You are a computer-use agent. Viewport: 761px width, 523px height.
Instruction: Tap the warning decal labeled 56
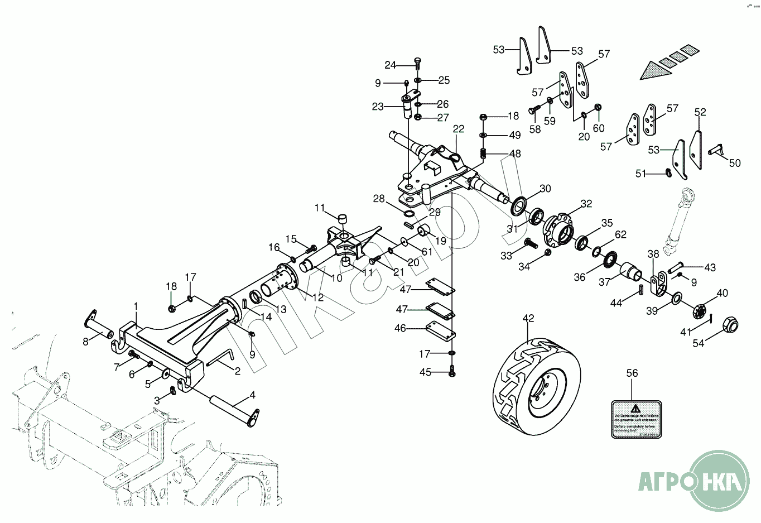pyautogui.click(x=636, y=419)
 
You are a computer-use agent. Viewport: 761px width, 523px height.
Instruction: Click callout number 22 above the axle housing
pyautogui.click(x=459, y=129)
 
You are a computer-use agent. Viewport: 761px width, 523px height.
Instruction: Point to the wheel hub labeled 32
pyautogui.click(x=558, y=229)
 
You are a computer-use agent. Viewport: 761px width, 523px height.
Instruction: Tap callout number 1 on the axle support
pyautogui.click(x=135, y=306)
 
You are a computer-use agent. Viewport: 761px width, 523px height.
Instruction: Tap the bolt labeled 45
pyautogui.click(x=452, y=371)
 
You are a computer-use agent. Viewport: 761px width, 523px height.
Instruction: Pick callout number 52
pyautogui.click(x=700, y=112)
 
